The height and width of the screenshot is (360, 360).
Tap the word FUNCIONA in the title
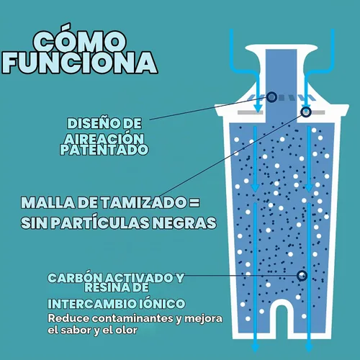tap(79, 63)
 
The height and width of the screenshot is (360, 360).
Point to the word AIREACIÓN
tap(104, 139)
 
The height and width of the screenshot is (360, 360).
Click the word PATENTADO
tap(104, 150)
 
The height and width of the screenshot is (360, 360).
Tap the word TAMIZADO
tap(143, 202)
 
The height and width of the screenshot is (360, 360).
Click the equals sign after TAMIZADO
tap(194, 202)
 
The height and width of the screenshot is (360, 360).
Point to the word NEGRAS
tap(184, 222)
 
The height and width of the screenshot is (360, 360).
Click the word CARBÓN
tap(75, 278)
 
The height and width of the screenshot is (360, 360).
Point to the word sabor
tap(76, 330)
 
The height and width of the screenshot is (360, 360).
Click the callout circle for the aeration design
tap(271, 97)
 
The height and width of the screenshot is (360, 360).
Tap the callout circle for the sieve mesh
tap(306, 112)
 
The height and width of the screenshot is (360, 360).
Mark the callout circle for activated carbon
tap(302, 276)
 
